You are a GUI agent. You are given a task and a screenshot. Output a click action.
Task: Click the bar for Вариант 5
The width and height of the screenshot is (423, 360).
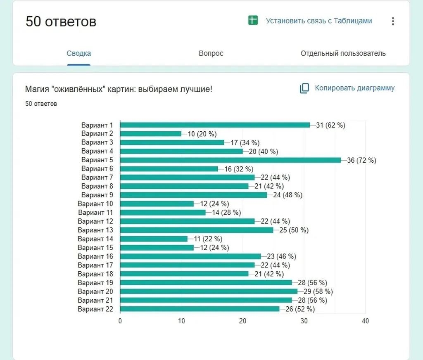231,160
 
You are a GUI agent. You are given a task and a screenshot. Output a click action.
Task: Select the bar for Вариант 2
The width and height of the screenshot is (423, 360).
151,134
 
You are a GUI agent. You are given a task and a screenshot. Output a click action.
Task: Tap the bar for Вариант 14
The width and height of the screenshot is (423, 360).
154,239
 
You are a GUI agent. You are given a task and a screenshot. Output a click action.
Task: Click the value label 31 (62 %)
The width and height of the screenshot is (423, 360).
330,125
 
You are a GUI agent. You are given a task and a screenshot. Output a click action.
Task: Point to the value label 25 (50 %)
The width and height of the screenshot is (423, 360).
294,230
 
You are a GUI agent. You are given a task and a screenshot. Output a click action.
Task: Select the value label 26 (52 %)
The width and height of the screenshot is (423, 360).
300,309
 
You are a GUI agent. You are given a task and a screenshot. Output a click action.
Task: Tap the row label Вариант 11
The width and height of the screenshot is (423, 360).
95,213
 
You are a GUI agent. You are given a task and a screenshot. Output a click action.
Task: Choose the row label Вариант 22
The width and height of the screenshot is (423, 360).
95,309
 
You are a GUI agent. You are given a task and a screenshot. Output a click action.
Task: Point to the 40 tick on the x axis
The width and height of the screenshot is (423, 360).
365,321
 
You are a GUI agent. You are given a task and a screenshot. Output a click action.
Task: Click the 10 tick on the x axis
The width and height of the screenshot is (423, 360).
181,321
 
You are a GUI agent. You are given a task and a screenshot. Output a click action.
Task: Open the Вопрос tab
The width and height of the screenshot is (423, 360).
211,53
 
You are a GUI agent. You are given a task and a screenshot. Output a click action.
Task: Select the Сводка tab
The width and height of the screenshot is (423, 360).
79,53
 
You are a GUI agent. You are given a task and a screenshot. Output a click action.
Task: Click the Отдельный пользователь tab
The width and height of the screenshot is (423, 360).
343,53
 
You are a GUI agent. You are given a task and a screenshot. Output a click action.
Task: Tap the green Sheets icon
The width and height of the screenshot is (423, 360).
253,20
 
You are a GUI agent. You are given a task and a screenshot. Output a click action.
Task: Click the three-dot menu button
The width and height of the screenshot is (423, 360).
393,21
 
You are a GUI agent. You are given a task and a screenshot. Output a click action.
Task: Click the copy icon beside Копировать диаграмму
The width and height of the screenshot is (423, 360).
304,88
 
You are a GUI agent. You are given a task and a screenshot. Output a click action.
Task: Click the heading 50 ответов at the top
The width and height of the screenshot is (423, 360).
61,21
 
